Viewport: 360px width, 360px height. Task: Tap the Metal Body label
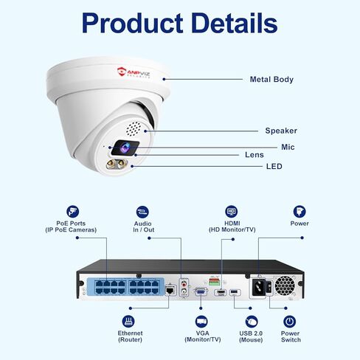pyautogui.click(x=271, y=80)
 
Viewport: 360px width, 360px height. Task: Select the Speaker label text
pyautogui.click(x=281, y=131)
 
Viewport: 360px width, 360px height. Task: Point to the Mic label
pyautogui.click(x=288, y=147)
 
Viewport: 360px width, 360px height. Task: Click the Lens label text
pyautogui.click(x=255, y=155)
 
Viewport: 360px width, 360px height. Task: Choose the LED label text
pyautogui.click(x=274, y=167)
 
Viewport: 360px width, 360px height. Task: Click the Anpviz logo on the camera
pyautogui.click(x=134, y=73)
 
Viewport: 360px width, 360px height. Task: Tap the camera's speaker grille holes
pyautogui.click(x=134, y=129)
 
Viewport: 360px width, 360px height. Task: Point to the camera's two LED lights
pyautogui.click(x=117, y=164)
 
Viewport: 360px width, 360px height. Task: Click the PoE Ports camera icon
pyautogui.click(x=73, y=212)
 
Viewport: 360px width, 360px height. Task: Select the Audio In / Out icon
pyautogui.click(x=142, y=212)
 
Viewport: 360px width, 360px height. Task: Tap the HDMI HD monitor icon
pyautogui.click(x=232, y=212)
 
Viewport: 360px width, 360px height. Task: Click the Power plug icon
pyautogui.click(x=300, y=212)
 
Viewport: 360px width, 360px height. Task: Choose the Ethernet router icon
pyautogui.click(x=128, y=321)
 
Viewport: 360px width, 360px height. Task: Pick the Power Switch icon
pyautogui.click(x=290, y=322)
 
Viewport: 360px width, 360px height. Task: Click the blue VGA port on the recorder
pyautogui.click(x=201, y=291)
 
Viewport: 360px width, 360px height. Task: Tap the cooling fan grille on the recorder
pyautogui.click(x=285, y=285)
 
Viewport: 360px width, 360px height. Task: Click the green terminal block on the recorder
pyautogui.click(x=214, y=282)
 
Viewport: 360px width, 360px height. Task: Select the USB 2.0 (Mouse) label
pyautogui.click(x=251, y=336)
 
